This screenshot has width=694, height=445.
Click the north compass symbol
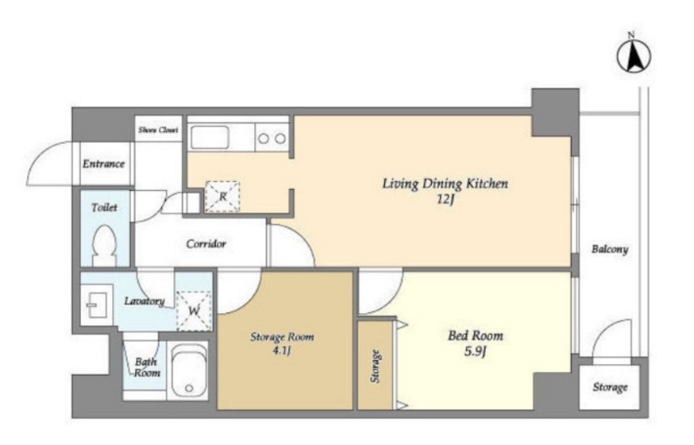click(634, 55)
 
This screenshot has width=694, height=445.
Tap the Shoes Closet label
click(158, 130)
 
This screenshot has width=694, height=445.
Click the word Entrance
click(103, 164)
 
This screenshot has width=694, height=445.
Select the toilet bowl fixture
click(105, 245)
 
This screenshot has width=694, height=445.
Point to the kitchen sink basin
click(210, 137)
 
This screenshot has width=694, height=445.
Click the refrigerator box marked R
click(223, 196)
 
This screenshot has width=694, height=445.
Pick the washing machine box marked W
click(194, 311)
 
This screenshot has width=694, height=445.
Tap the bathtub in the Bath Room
click(189, 370)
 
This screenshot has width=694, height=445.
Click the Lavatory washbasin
click(95, 305)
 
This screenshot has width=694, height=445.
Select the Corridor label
click(206, 244)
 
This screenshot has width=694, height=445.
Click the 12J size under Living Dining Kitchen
click(446, 200)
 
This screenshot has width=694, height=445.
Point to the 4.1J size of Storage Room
click(281, 351)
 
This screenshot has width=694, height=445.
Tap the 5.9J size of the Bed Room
click(475, 351)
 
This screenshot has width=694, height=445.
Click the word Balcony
click(610, 249)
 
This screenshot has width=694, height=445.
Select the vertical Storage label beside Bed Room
click(376, 366)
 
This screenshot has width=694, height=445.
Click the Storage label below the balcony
click(610, 388)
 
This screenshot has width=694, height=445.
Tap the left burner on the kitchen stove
click(264, 139)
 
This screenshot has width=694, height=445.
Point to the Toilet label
click(104, 207)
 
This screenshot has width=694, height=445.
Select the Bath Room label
click(146, 367)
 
